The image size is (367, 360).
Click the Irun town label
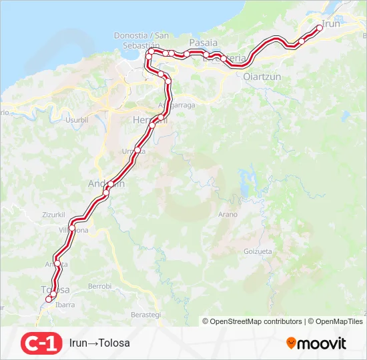coord(332,24)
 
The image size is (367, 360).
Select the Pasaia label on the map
coord(204,42)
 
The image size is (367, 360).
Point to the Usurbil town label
coord(77,120)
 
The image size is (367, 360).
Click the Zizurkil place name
coord(53,215)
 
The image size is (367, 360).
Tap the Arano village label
coord(228,214)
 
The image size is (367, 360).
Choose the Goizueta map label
coord(258,251)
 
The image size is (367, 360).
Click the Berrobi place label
coord(99,286)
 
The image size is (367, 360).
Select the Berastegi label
coord(146,314)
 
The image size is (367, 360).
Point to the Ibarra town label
coord(65,305)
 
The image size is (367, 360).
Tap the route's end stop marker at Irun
coord(320,28)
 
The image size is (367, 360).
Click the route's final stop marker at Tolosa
coord(48,299)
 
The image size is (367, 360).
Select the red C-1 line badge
coord(41,343)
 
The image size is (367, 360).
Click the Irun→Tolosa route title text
coord(99,343)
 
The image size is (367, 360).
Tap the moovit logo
coord(316,343)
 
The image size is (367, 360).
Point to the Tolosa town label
coord(56,289)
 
